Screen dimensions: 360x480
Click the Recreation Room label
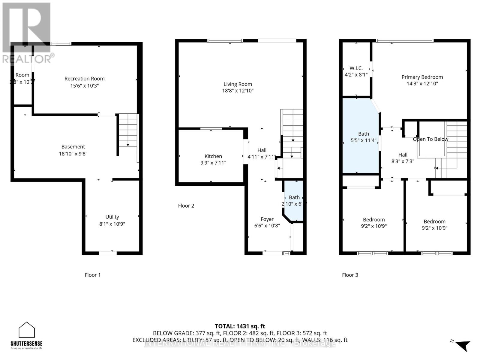(x=84, y=79)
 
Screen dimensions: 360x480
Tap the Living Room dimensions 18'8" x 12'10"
(x=238, y=91)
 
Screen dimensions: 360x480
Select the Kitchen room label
(x=213, y=156)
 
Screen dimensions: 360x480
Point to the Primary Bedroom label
(x=422, y=77)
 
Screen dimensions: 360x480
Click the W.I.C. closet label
(x=356, y=68)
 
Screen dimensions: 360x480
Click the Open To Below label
(x=430, y=139)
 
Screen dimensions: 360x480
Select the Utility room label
(x=112, y=217)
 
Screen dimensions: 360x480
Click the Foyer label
(x=267, y=219)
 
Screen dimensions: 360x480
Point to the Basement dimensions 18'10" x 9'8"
(x=73, y=154)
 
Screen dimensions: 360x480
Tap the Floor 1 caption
(x=92, y=275)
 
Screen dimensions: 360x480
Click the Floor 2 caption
(x=186, y=206)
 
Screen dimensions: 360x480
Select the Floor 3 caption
(x=350, y=275)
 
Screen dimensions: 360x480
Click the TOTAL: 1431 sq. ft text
(x=240, y=326)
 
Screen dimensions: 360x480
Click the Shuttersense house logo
(x=27, y=330)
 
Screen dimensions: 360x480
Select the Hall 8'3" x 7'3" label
(x=403, y=158)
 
